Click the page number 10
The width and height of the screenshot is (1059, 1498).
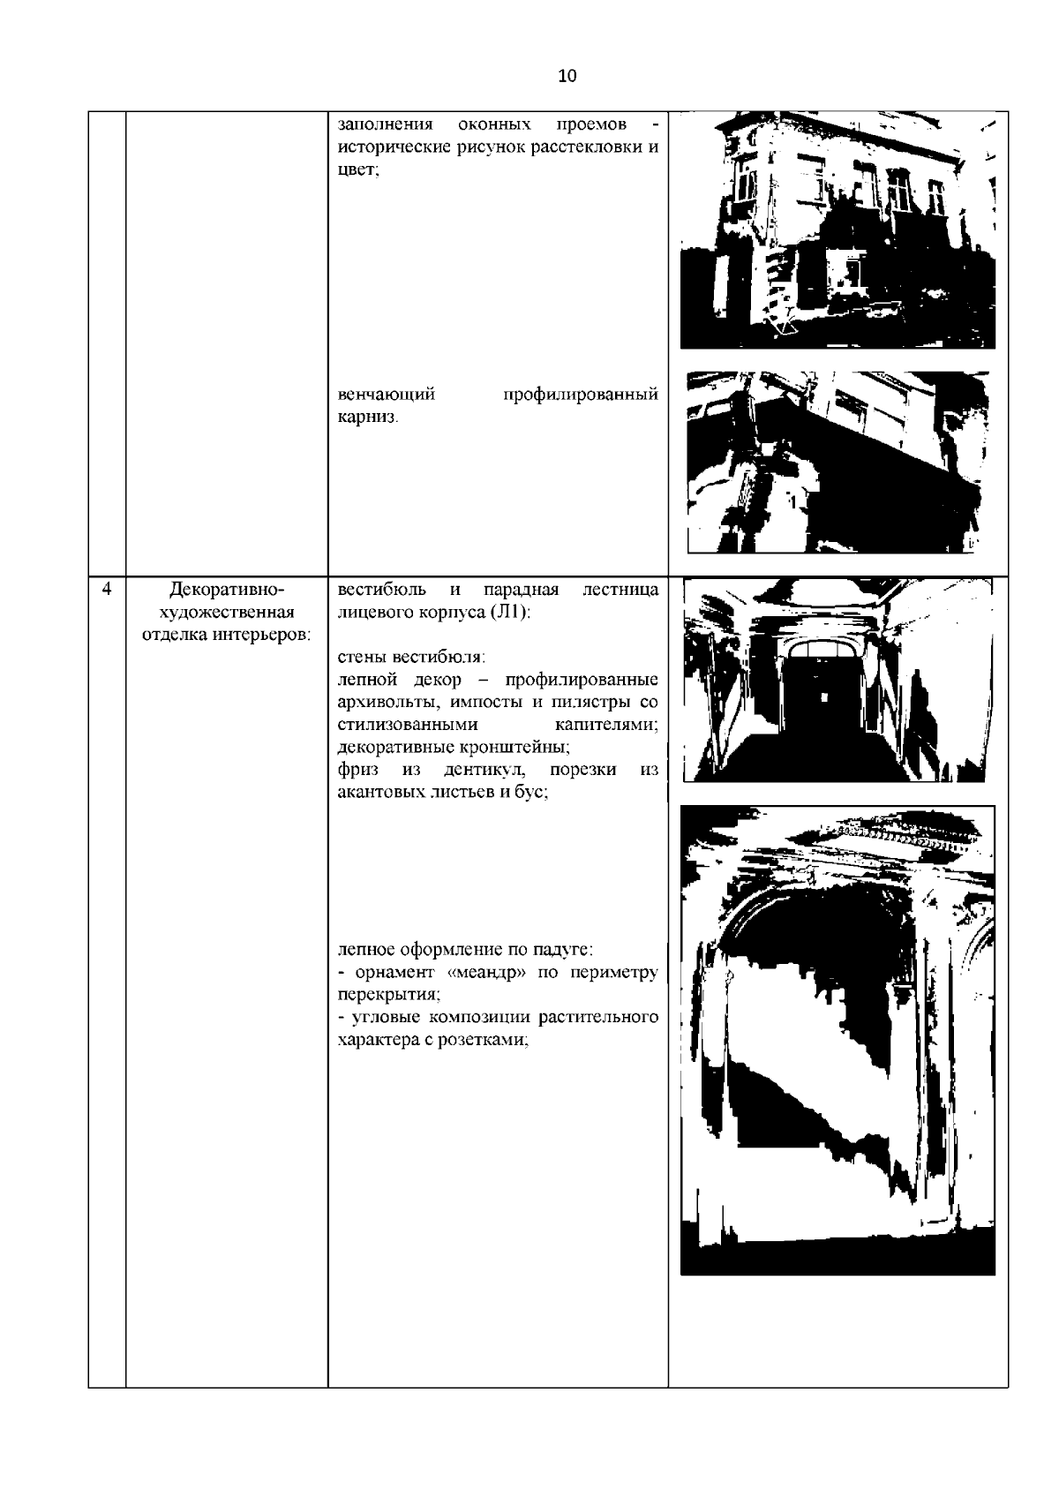(567, 76)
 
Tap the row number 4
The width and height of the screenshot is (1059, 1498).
(107, 589)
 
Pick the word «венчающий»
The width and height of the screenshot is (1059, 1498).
(387, 394)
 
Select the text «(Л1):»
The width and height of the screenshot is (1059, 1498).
(508, 612)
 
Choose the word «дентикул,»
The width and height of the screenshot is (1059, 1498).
(486, 770)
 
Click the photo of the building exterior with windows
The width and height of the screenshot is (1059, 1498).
(837, 230)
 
